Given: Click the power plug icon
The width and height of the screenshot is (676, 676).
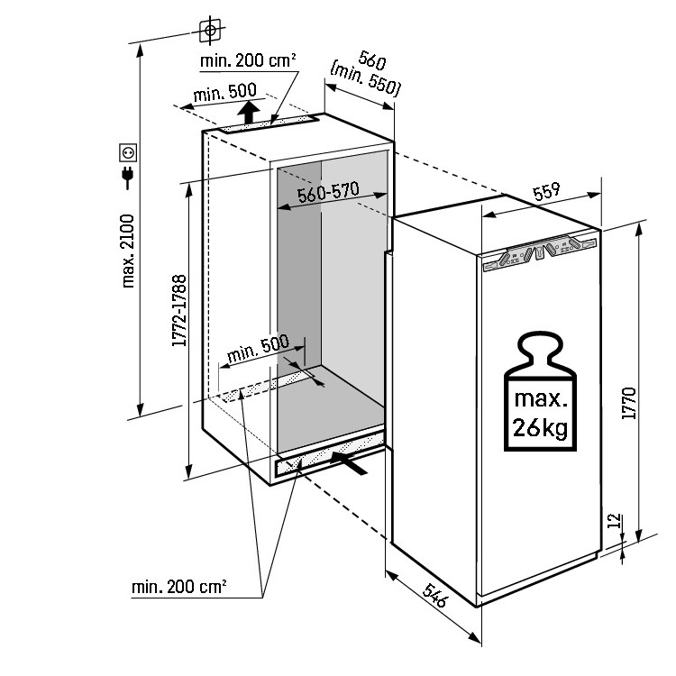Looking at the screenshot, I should (x=127, y=178).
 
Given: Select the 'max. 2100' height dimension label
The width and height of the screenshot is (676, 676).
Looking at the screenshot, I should (x=128, y=251).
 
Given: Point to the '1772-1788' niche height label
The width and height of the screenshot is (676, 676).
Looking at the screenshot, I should (x=179, y=312).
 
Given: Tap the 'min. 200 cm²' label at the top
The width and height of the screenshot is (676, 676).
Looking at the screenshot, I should (x=249, y=61).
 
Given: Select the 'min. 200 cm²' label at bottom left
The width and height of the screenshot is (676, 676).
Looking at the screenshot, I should (x=178, y=587).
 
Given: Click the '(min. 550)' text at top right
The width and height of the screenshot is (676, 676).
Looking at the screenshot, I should (x=366, y=78).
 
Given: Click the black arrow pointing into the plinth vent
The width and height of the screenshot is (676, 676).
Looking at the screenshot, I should (x=350, y=462).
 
